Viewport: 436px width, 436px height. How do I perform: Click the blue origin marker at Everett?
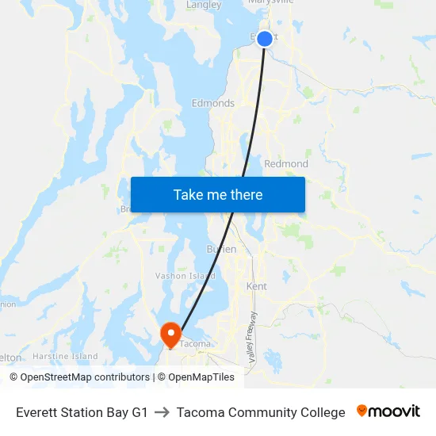click(265, 38)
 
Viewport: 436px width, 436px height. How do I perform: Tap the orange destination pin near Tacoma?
click(170, 333)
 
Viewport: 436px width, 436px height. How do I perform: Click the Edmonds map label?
click(213, 103)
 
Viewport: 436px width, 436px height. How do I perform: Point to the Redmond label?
click(286, 164)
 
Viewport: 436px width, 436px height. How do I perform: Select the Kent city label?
click(257, 286)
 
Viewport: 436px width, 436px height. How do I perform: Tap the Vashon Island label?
click(185, 276)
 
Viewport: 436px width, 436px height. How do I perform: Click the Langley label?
click(203, 5)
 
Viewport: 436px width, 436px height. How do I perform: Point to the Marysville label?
click(271, 3)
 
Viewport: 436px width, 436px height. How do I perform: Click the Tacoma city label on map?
click(195, 343)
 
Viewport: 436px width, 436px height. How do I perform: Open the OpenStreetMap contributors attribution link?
click(79, 377)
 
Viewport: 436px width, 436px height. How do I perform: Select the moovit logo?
click(388, 411)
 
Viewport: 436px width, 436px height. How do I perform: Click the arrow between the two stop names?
click(163, 412)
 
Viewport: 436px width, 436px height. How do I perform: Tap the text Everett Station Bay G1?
click(82, 412)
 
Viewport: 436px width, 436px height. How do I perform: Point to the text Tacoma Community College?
click(261, 412)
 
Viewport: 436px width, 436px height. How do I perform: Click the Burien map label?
click(222, 249)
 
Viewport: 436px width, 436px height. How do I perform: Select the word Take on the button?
click(187, 194)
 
